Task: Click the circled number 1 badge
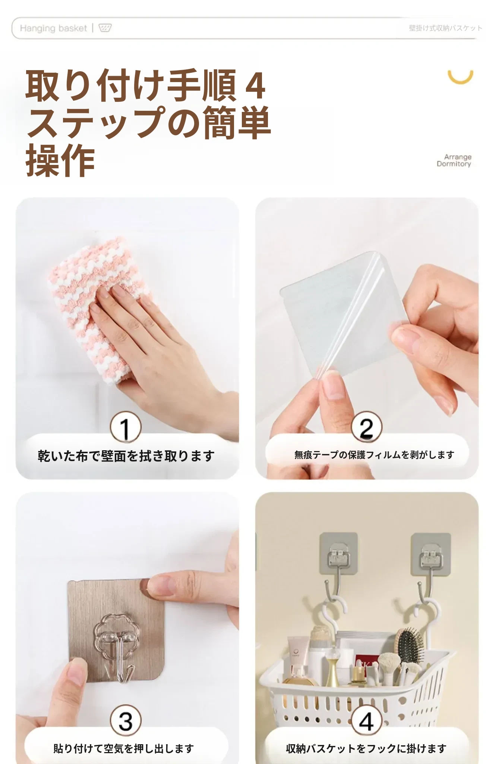coord(126,427)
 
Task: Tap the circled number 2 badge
coord(367,427)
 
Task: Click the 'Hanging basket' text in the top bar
coord(53,28)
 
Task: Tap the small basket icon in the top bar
coord(105,28)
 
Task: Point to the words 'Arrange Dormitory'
coord(454,160)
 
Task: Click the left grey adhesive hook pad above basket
coord(339,554)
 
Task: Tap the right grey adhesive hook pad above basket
coord(430,554)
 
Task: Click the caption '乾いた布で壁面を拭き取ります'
coord(126,456)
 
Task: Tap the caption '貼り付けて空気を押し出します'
coord(124,748)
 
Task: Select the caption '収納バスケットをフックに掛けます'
coord(366,748)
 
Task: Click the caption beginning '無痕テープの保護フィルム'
coord(374,455)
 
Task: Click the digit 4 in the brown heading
coord(256,86)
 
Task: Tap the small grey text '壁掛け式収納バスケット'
coord(445,28)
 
